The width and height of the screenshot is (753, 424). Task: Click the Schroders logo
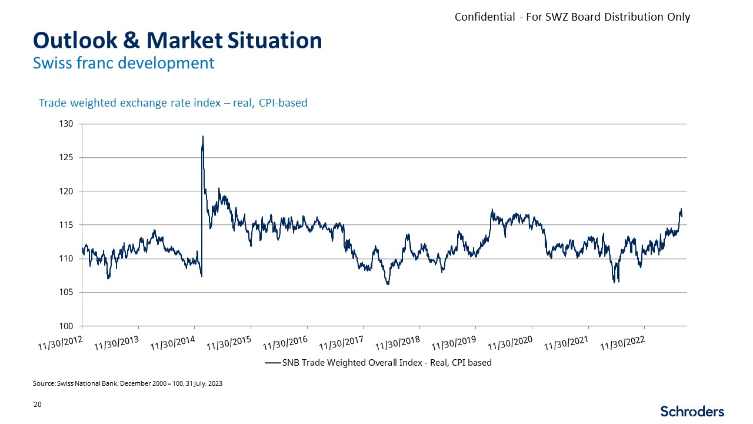click(x=692, y=411)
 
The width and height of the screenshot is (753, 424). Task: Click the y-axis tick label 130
click(x=66, y=124)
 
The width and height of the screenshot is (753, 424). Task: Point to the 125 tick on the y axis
click(x=66, y=158)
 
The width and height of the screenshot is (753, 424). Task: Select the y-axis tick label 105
click(x=66, y=293)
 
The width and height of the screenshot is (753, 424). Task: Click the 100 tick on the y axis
click(x=66, y=326)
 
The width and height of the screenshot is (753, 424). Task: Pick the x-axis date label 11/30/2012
click(x=61, y=341)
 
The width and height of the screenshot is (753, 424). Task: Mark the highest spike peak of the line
click(x=203, y=137)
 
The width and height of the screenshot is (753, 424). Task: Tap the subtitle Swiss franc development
click(x=124, y=62)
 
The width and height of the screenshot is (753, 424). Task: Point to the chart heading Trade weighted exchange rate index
click(x=173, y=103)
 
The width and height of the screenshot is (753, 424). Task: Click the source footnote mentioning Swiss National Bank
click(x=128, y=383)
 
